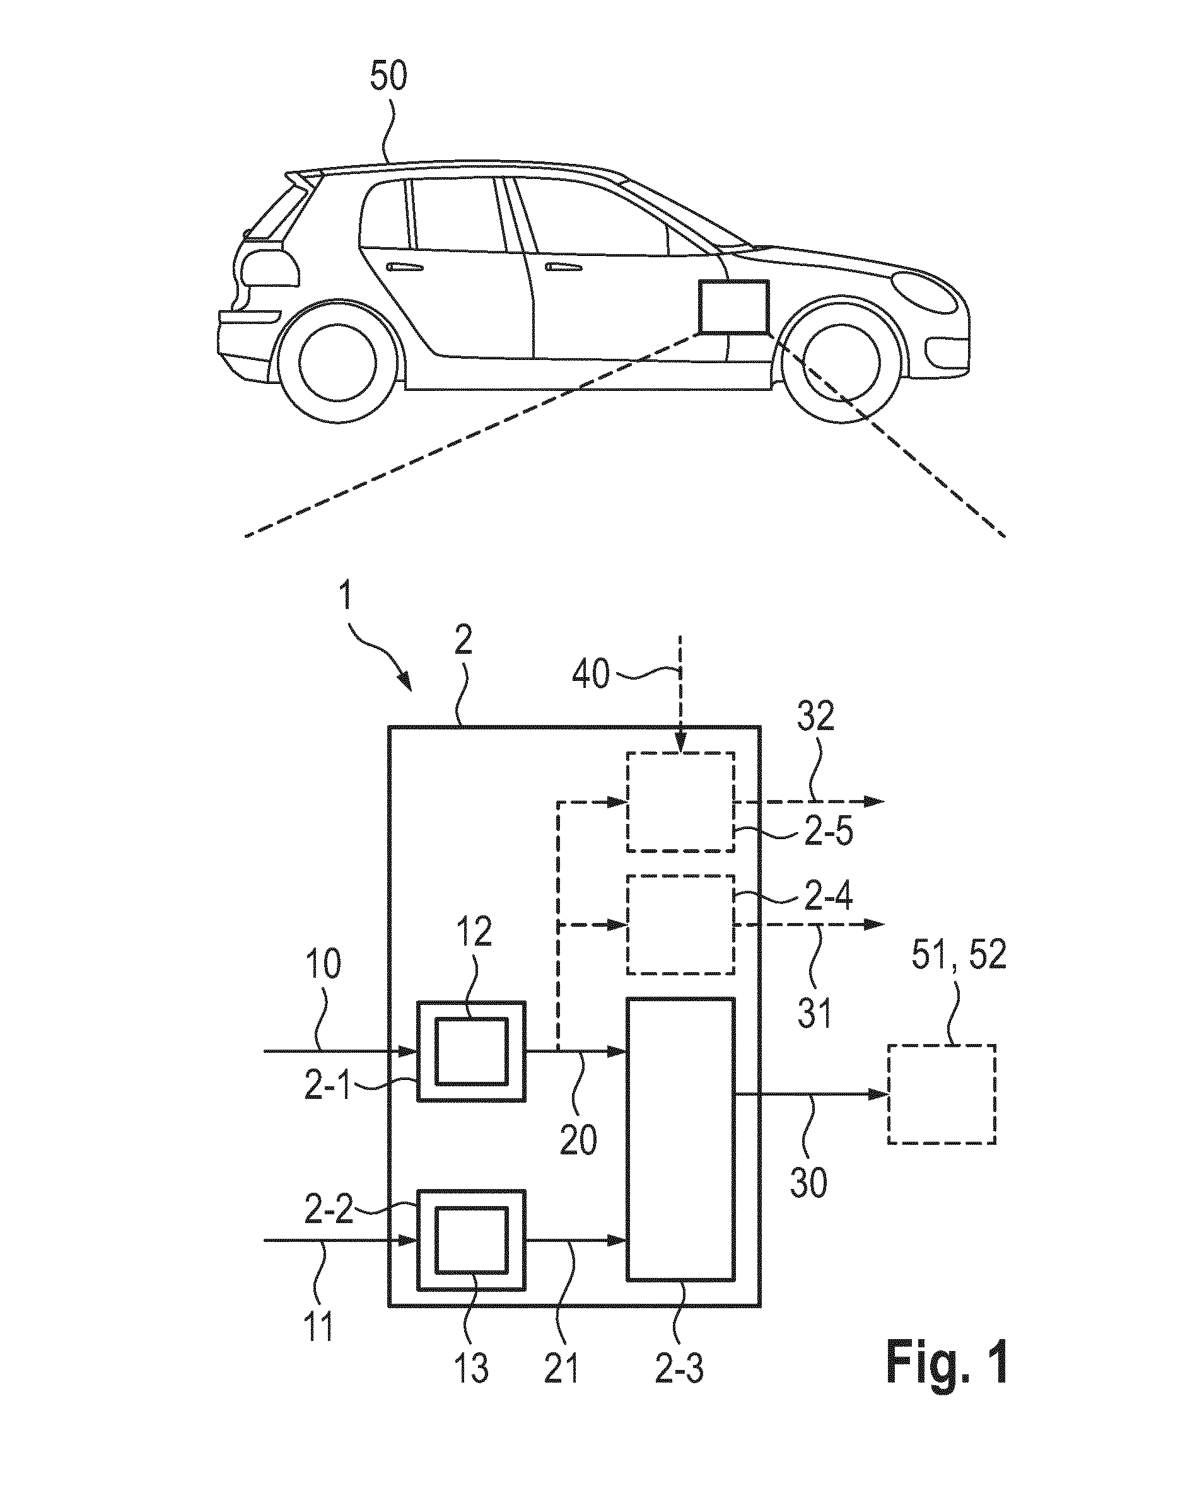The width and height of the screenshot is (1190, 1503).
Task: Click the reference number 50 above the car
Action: click(x=388, y=77)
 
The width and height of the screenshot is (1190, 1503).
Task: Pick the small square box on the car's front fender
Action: click(x=733, y=306)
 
